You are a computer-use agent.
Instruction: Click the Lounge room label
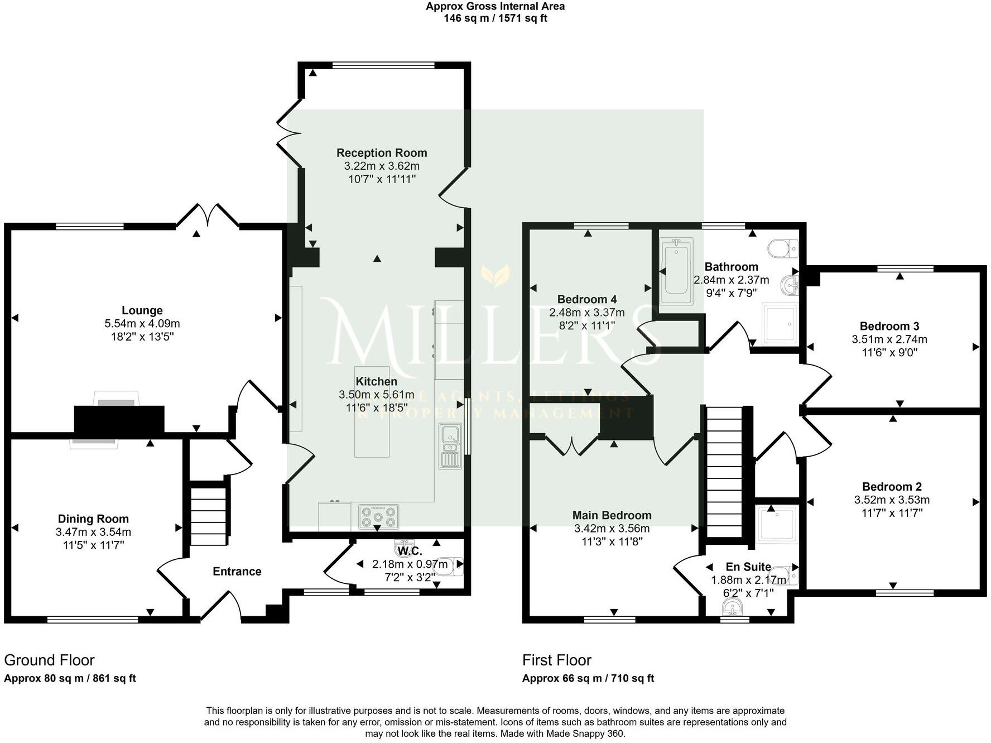click(142, 311)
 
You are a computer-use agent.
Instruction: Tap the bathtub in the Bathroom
click(676, 271)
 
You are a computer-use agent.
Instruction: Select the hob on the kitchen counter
click(379, 516)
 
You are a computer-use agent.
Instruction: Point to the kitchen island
click(372, 412)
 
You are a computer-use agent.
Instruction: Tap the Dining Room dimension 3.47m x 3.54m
click(93, 532)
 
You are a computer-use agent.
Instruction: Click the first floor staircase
click(725, 472)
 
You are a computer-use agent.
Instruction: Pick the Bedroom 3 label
click(889, 327)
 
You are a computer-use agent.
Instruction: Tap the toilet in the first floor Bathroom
click(783, 248)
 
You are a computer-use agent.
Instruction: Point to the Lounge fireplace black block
click(119, 420)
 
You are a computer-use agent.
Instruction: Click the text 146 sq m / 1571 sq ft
click(495, 18)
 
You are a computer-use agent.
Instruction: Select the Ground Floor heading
click(49, 660)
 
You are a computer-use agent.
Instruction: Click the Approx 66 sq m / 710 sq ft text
click(588, 679)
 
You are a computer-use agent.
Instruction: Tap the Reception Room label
click(382, 153)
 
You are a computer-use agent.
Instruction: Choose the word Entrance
click(237, 572)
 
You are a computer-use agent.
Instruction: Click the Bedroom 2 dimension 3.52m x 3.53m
click(892, 500)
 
